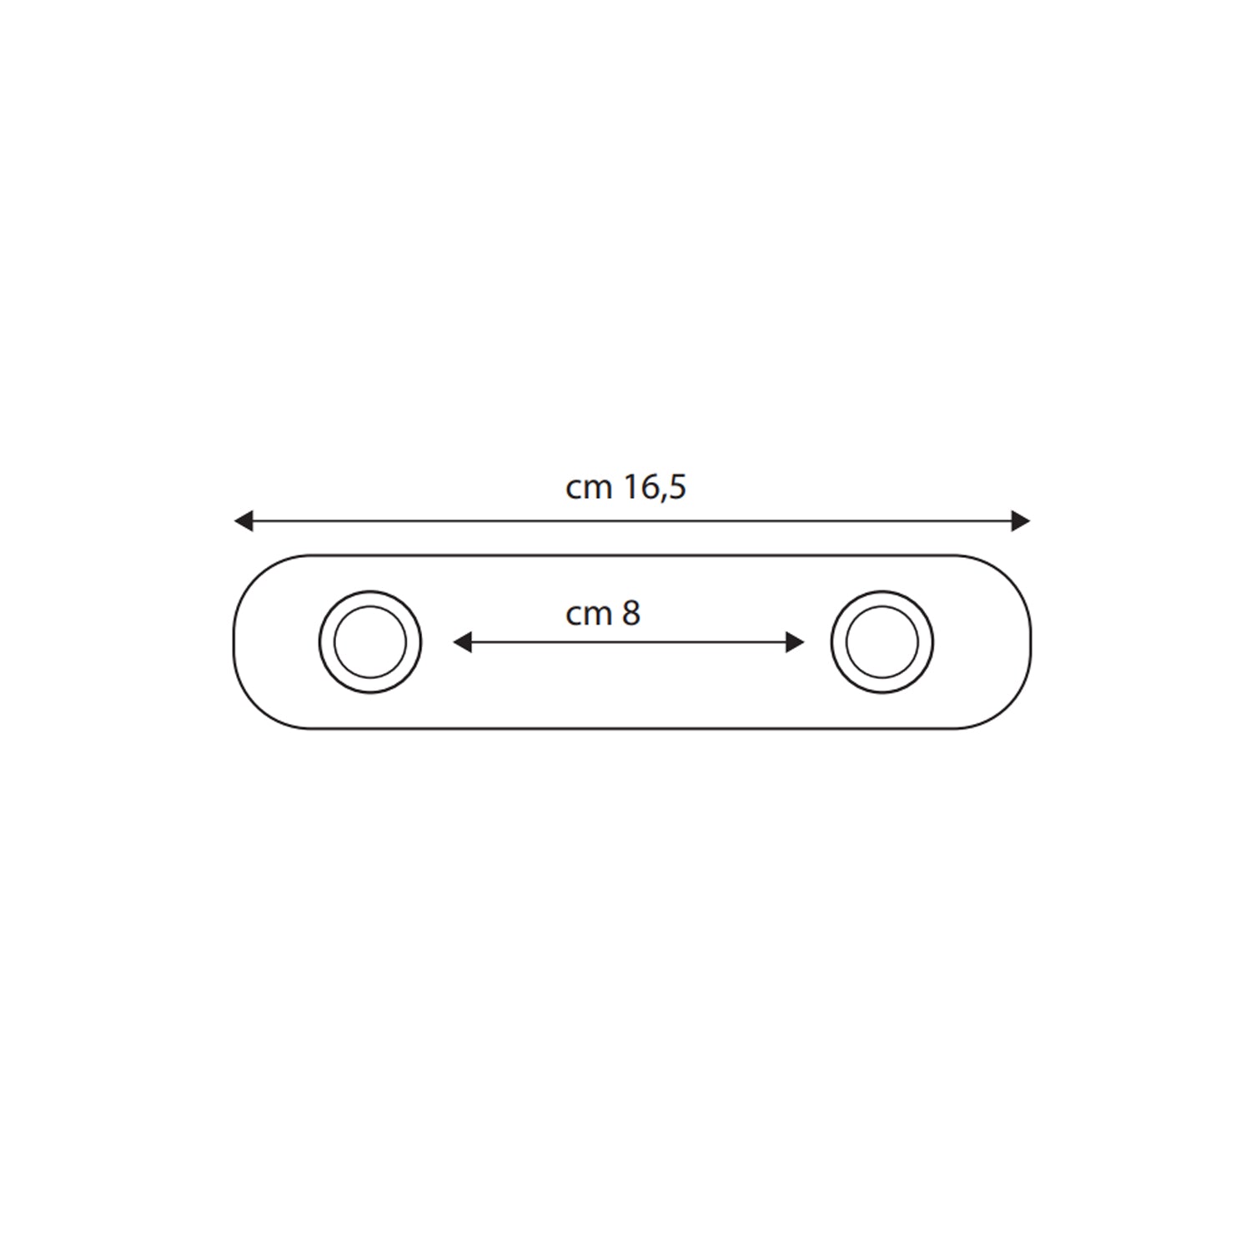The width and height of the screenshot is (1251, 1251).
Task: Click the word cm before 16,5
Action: pos(589,488)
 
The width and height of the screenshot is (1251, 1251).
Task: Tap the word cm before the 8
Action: pos(589,615)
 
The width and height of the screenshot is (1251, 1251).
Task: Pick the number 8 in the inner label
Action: pos(631,614)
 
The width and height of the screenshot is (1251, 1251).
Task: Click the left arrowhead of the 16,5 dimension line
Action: pos(243,521)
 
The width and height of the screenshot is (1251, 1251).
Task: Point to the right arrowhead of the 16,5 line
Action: pos(1021,521)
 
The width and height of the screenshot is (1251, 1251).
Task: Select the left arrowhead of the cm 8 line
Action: pos(461,642)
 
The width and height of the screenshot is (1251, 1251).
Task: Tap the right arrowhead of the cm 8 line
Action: pos(796,642)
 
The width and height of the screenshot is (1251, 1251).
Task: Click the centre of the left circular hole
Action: pos(370,642)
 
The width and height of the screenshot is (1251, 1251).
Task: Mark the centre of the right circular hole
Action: pos(882,642)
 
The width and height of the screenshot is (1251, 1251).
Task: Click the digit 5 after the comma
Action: pos(676,487)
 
